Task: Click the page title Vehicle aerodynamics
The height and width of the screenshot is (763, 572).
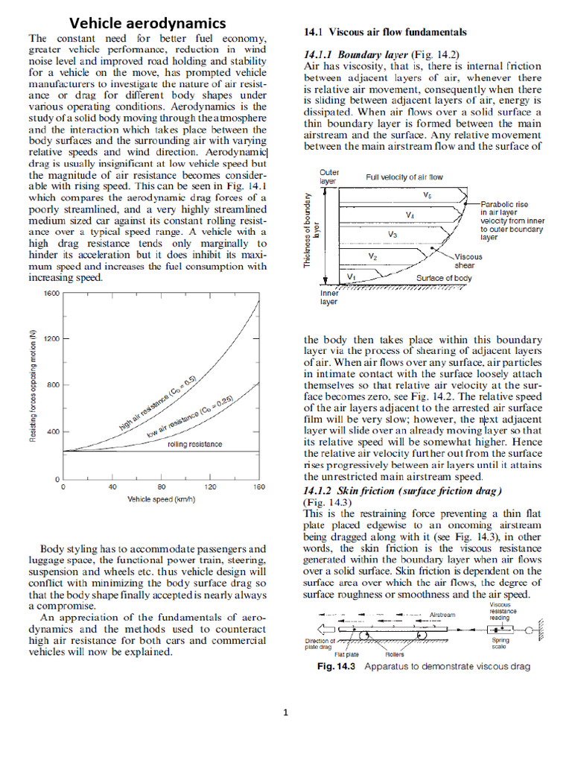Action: point(147,22)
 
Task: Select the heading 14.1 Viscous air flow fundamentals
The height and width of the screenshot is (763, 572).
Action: point(386,32)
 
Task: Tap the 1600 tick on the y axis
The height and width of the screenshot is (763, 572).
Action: point(51,294)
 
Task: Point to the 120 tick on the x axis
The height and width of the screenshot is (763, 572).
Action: point(210,487)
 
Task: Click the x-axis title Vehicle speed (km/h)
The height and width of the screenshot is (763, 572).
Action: point(161,499)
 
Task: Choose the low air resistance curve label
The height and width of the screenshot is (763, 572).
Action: point(188,418)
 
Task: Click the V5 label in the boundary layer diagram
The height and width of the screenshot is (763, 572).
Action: point(428,195)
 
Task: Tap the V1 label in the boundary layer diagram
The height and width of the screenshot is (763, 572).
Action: point(352,276)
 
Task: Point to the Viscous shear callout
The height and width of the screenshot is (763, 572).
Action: point(468,261)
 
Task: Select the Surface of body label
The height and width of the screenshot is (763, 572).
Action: point(443,278)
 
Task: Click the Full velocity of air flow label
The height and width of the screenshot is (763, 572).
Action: point(404,177)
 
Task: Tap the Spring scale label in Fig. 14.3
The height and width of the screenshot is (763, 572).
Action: point(500,643)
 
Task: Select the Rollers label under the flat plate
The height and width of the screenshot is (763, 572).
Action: point(395,654)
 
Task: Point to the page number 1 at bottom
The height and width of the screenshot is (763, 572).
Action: point(285,712)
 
